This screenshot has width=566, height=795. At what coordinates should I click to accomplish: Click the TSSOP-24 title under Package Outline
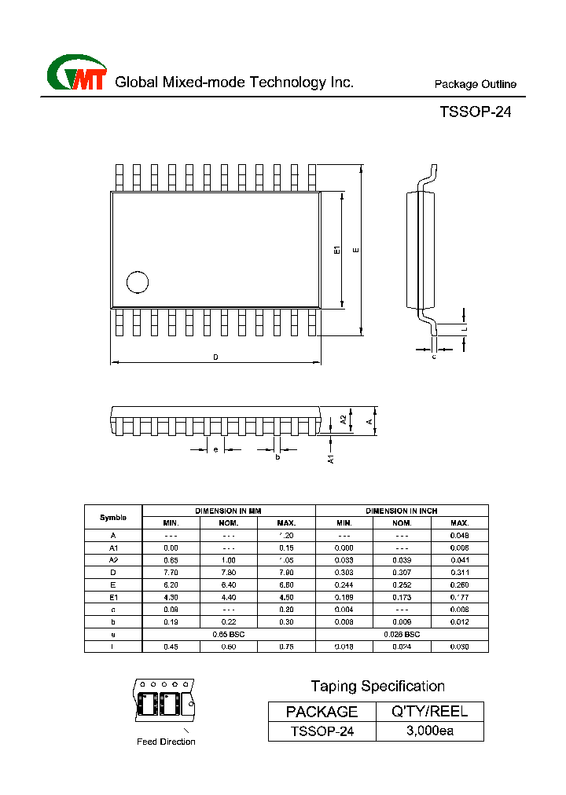point(475,112)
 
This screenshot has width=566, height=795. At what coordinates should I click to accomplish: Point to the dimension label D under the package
point(215,357)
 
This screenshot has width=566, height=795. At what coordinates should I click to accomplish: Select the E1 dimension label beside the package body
point(336,250)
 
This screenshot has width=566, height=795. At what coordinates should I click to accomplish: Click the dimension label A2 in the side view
point(344,420)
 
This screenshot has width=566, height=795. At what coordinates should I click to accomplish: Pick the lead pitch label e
point(215,449)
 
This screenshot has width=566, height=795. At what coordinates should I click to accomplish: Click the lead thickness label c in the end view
point(434,357)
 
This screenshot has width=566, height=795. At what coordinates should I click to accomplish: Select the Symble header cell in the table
point(113,518)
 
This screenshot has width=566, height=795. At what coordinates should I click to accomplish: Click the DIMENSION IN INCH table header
point(402,511)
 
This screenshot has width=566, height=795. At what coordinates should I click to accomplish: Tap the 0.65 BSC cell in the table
point(229,633)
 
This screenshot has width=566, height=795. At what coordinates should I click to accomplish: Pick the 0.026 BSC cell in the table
point(402,633)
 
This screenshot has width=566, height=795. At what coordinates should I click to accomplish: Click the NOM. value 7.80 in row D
point(229,572)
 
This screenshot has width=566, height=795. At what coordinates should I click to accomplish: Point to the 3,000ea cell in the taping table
point(430,731)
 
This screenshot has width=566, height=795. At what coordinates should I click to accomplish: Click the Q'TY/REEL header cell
point(430,712)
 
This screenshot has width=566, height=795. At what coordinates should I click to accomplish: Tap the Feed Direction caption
point(166,742)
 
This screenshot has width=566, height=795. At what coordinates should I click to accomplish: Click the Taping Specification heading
point(377,687)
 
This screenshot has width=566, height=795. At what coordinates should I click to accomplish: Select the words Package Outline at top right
point(475,84)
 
